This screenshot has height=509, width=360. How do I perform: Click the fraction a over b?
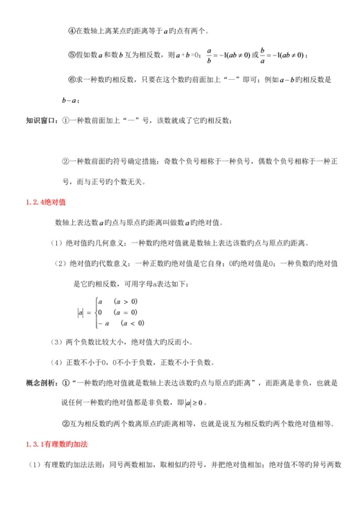click(x=209, y=54)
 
